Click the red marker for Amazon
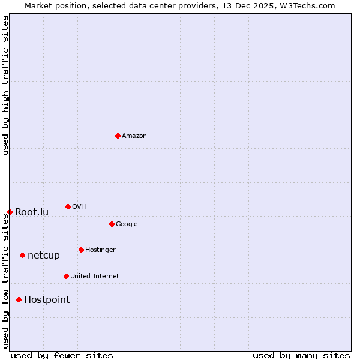pyautogui.click(x=118, y=136)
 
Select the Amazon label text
pyautogui.click(x=134, y=136)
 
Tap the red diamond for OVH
pyautogui.click(x=68, y=206)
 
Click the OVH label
pyautogui.click(x=79, y=207)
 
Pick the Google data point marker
pyautogui.click(x=112, y=224)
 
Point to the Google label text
pyautogui.click(x=127, y=224)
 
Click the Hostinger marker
pyautogui.click(x=81, y=250)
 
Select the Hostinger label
pyautogui.click(x=100, y=250)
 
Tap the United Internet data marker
pyautogui.click(x=66, y=276)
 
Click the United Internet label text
pyautogui.click(x=94, y=277)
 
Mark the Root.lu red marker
pyautogui.click(x=10, y=212)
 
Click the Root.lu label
pyautogui.click(x=32, y=212)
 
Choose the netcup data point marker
pyautogui.click(x=22, y=255)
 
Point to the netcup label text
pyautogui.click(x=44, y=256)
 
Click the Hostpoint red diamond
pyautogui.click(x=19, y=299)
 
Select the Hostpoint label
pyautogui.click(x=47, y=300)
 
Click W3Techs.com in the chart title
pyautogui.click(x=307, y=6)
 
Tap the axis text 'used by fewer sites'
pyautogui.click(x=62, y=355)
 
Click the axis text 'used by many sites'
pyautogui.click(x=301, y=355)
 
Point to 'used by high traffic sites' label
pyautogui.click(x=6, y=85)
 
